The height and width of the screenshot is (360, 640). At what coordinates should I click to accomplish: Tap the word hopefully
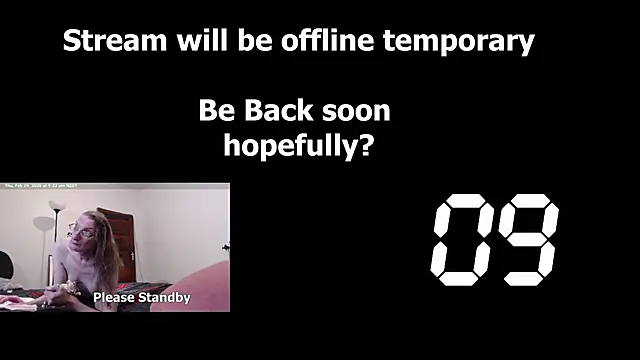tap(291, 146)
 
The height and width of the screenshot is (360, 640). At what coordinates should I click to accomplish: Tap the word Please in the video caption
tap(115, 298)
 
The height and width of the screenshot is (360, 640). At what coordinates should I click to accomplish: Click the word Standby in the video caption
tap(163, 298)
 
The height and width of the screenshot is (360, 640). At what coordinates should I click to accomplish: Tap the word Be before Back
tap(215, 110)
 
